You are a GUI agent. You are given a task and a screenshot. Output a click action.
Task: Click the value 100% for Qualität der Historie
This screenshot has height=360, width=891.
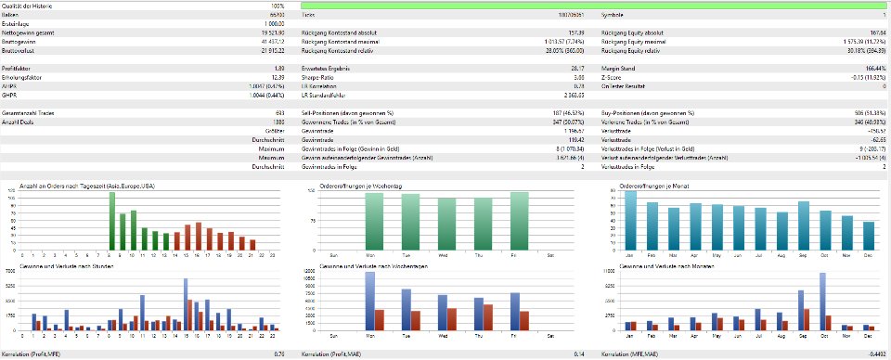(291, 6)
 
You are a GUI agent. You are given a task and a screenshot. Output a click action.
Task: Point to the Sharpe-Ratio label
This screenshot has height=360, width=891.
(318, 76)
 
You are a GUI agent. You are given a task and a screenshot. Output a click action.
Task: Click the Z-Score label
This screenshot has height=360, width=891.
(613, 76)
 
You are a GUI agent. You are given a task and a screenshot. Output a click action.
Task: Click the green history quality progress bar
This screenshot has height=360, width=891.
(594, 6)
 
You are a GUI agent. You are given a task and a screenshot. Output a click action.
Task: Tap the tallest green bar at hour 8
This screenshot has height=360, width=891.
(111, 221)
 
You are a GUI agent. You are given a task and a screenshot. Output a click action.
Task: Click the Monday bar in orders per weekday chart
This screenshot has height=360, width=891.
(370, 221)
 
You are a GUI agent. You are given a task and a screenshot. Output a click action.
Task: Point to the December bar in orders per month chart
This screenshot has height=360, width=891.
(868, 236)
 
